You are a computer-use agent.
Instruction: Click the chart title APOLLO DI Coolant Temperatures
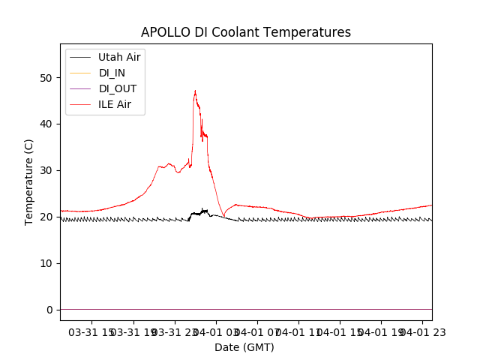[x=246, y=32]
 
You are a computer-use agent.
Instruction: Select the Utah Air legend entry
[x=119, y=57]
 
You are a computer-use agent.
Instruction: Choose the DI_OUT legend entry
[x=118, y=88]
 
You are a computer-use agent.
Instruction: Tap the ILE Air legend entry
[x=115, y=104]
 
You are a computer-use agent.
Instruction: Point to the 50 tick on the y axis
[x=48, y=78]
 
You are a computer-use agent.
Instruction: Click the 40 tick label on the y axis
[x=48, y=124]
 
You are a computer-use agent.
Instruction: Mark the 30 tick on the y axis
[x=48, y=171]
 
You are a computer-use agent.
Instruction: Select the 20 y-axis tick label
[x=48, y=217]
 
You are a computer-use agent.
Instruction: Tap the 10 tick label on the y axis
[x=48, y=263]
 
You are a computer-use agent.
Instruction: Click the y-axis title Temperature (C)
[x=29, y=181]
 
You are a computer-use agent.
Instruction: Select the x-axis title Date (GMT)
[x=244, y=347]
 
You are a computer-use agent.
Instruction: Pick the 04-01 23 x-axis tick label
[x=421, y=331]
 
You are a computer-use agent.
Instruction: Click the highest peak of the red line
[x=195, y=91]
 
